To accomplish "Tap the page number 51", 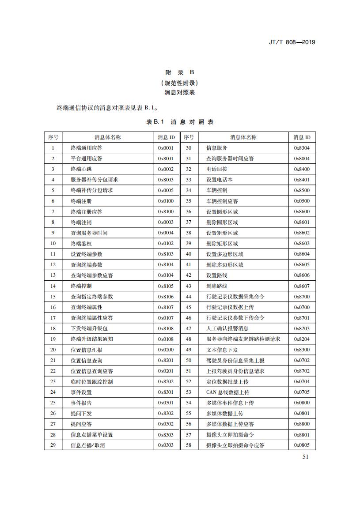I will click(305, 456).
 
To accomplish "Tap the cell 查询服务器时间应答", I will click(230, 158).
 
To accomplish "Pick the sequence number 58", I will click(189, 445).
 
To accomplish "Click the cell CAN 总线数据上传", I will click(228, 392).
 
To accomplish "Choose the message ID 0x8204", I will click(302, 339).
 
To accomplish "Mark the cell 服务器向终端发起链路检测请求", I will click(243, 339).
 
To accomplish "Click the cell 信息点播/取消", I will click(88, 445).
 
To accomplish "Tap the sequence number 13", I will click(53, 275).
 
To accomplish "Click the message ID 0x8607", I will click(302, 286).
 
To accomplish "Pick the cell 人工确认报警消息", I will click(227, 328).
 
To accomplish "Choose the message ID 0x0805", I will click(302, 445).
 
